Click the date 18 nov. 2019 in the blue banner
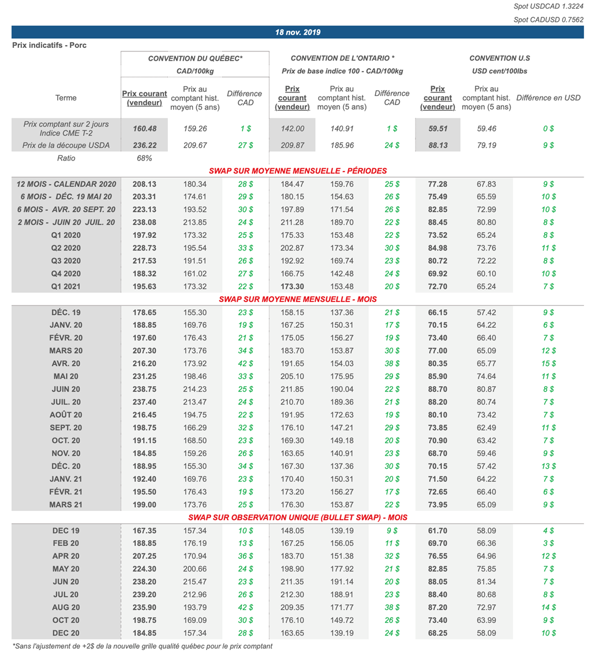tap(297, 32)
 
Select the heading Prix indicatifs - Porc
tap(50, 45)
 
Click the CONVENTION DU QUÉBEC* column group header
tap(195, 58)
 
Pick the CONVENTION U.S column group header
tap(499, 58)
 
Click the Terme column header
tap(66, 98)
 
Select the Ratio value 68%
tap(144, 158)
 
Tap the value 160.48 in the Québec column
tap(144, 129)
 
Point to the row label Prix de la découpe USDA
tap(66, 145)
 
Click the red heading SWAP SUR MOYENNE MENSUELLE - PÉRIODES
tap(297, 171)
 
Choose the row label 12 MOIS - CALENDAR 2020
tap(66, 184)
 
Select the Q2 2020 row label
tap(66, 248)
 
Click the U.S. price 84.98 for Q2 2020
tap(437, 248)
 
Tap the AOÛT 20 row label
tap(66, 414)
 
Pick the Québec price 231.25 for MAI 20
tap(144, 376)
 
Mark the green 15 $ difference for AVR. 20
tap(548, 364)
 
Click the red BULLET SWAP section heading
tap(297, 517)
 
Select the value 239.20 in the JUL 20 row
tap(144, 595)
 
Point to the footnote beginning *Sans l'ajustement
tap(142, 646)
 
